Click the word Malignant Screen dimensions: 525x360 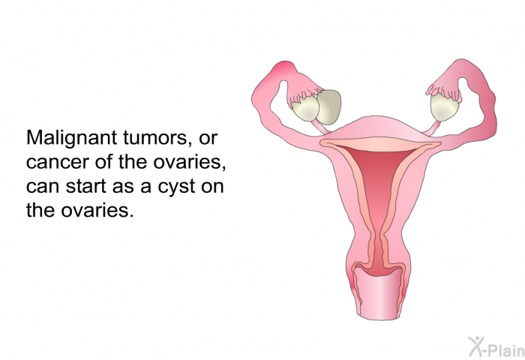point(71,138)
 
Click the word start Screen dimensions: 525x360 point(85,186)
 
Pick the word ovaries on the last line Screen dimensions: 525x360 point(97,210)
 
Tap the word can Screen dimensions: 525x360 point(43,187)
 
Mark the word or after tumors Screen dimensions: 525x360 point(208,138)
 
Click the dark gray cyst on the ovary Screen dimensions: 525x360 point(330,106)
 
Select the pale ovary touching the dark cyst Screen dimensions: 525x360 point(305,109)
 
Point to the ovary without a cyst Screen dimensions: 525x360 point(444,106)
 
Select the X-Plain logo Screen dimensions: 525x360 point(496,346)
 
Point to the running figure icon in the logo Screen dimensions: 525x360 point(476,346)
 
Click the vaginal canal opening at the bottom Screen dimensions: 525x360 point(378,295)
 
